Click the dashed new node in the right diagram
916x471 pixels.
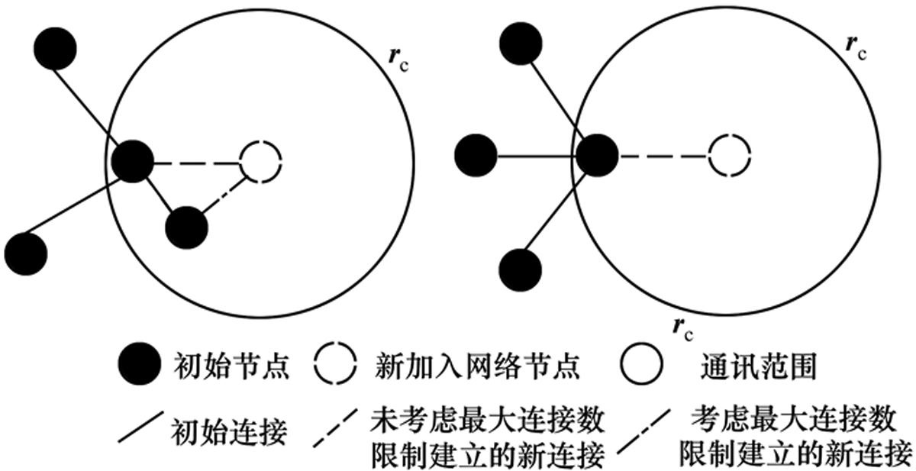[x=730, y=134]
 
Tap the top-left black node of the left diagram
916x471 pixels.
[x=55, y=49]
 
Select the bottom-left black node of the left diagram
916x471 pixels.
[x=26, y=254]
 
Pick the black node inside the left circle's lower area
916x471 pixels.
[x=186, y=227]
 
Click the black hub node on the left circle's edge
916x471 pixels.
[x=133, y=161]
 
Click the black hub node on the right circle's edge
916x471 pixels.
[x=597, y=156]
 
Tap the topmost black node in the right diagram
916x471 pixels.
[x=521, y=44]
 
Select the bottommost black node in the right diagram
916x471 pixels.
[x=521, y=270]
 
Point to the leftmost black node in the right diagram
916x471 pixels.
[x=476, y=156]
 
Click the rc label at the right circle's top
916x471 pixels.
[x=856, y=48]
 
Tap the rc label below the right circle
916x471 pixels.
[x=683, y=329]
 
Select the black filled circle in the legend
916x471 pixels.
[x=140, y=364]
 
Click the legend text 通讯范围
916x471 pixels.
[x=759, y=366]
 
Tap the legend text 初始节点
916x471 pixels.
[x=232, y=366]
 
